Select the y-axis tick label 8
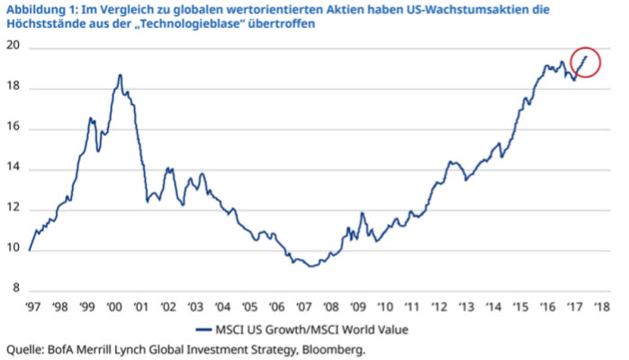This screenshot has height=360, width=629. click(14, 290)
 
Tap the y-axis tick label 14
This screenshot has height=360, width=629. click(12, 169)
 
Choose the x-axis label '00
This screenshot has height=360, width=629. click(114, 307)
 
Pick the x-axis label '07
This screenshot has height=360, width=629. click(304, 307)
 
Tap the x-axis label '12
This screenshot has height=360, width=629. click(440, 307)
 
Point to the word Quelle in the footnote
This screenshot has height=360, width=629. click(24, 349)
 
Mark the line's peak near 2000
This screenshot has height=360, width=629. click(120, 75)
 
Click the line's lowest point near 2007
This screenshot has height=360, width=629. click(310, 265)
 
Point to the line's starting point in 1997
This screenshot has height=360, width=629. click(29, 250)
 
